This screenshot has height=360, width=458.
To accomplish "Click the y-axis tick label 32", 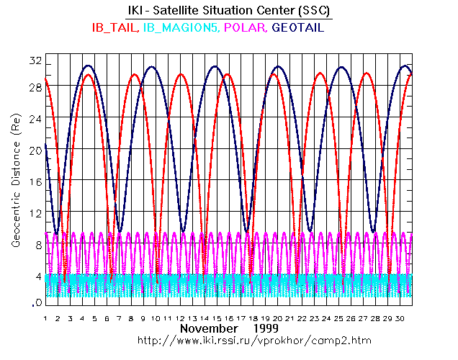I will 33,60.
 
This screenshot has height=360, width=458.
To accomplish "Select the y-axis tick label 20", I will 33,150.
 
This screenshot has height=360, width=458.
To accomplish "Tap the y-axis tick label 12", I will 33,212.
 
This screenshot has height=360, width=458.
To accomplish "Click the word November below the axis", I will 208,328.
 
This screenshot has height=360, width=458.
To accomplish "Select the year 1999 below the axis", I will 271,328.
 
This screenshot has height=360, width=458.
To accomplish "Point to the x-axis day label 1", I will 45,318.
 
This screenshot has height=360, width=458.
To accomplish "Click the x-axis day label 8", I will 130,318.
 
